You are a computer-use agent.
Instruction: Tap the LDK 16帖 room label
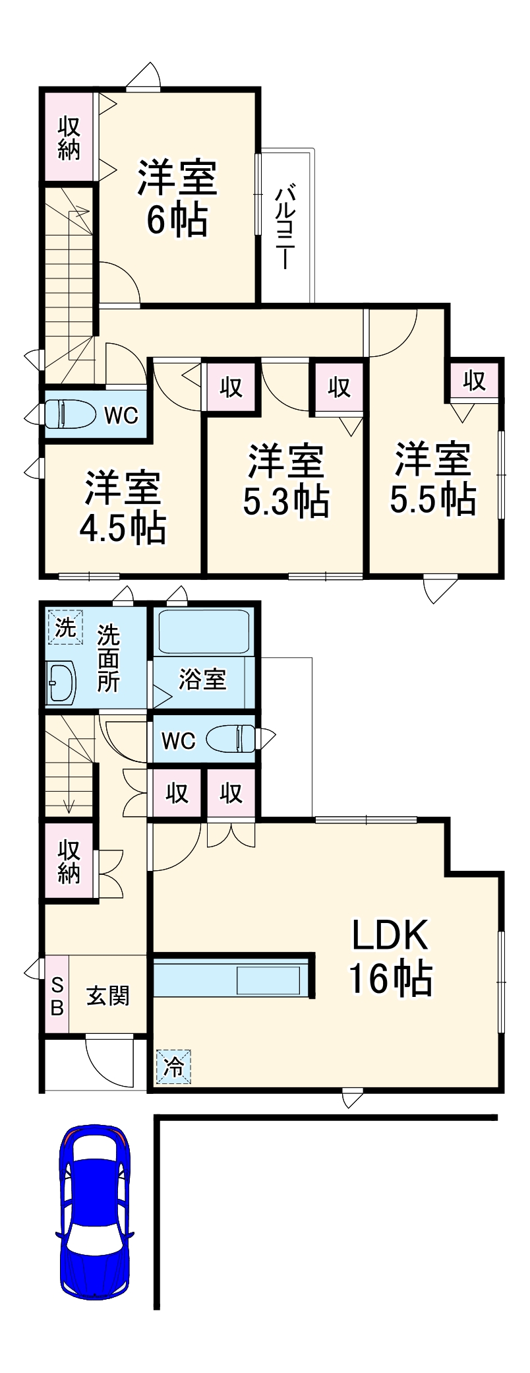[390, 956]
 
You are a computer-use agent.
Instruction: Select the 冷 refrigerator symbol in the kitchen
[173, 1066]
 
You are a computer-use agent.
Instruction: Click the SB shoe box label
[57, 996]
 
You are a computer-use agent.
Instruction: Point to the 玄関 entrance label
[108, 996]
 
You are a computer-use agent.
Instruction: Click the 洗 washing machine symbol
[65, 627]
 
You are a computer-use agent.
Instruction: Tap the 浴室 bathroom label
[202, 679]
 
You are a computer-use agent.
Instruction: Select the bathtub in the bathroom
[204, 631]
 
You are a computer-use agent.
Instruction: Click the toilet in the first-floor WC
[231, 739]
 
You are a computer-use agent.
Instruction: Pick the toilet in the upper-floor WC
[68, 414]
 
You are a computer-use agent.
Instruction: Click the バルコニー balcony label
[285, 227]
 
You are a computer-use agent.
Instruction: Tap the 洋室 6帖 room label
[177, 198]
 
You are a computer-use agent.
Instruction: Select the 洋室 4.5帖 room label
[123, 507]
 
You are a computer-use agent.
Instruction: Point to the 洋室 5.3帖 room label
[286, 481]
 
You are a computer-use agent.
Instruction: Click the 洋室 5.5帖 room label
[433, 479]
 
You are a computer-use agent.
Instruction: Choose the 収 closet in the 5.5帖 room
[474, 381]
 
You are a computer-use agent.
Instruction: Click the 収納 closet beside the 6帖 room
[69, 137]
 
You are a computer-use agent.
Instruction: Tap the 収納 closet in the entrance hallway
[69, 860]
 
